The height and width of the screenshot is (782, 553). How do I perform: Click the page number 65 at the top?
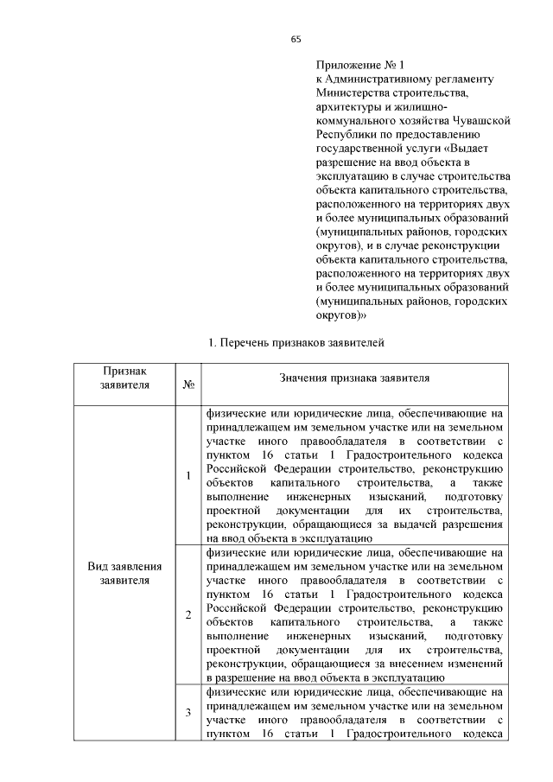click(295, 39)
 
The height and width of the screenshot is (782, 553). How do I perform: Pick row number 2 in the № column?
click(188, 614)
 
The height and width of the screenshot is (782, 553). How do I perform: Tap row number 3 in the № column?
click(188, 712)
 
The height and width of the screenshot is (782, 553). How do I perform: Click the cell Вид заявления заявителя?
click(124, 573)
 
